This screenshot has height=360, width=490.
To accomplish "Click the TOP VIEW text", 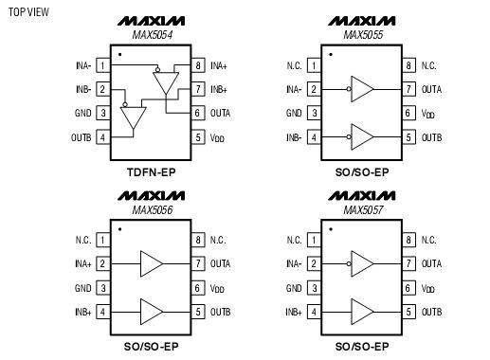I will click(x=27, y=12).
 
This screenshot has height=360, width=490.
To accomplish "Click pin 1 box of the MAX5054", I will click(x=100, y=65).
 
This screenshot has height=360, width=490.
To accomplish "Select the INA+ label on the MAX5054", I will click(x=219, y=65).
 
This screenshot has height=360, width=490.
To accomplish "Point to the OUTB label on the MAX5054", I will click(x=81, y=137).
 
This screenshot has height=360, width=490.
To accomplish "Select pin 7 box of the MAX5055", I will click(x=409, y=89).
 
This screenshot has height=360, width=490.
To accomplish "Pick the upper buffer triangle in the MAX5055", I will click(x=362, y=89).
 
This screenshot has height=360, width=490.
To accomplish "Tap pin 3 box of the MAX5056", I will click(x=100, y=287).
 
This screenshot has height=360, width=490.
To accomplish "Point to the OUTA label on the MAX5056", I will click(x=221, y=263).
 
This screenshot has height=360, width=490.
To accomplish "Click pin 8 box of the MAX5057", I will click(x=409, y=240).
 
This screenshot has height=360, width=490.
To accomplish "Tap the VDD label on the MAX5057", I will click(x=429, y=288).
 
